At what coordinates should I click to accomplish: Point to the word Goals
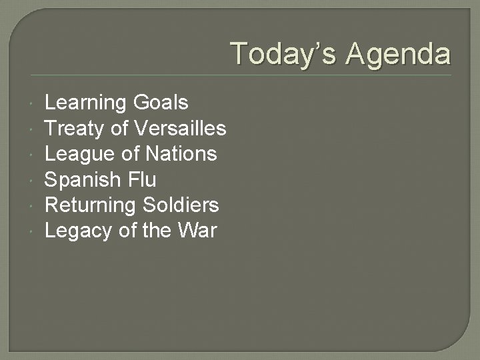click(x=161, y=103)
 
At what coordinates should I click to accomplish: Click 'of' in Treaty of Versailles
click(x=121, y=128)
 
